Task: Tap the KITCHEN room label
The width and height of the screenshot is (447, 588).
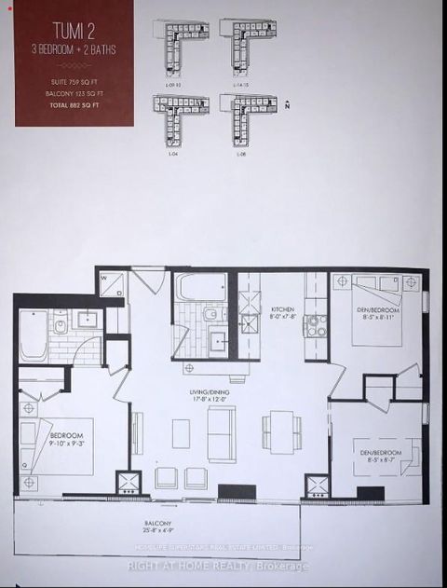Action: point(282,313)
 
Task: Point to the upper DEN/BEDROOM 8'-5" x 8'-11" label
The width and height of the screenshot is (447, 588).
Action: point(379,313)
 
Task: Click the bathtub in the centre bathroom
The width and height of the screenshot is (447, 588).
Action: point(199,286)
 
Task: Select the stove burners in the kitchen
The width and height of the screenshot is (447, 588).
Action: point(317,325)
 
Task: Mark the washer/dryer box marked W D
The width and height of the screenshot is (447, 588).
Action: point(113,283)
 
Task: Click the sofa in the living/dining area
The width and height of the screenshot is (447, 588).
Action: point(221,433)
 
